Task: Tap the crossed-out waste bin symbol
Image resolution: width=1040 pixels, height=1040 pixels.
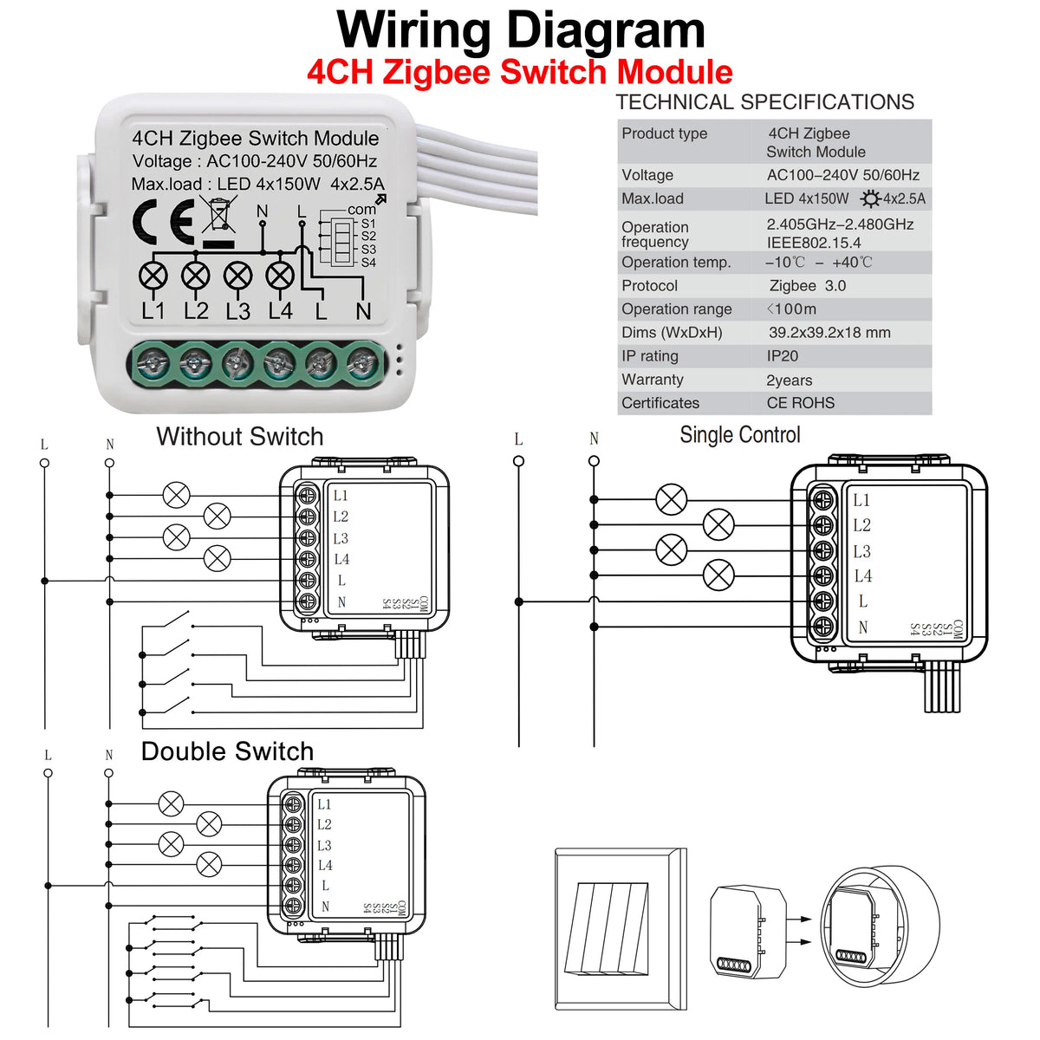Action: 219,216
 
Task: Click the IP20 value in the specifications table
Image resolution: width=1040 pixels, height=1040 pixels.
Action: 782,356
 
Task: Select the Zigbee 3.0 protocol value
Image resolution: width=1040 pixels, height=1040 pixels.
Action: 807,286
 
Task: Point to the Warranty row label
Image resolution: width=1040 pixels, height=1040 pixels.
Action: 652,380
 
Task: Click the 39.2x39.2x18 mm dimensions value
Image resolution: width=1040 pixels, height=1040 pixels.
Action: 829,333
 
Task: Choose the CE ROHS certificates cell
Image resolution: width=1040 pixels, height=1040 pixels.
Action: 800,403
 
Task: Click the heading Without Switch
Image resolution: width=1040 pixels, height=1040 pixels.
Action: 239,437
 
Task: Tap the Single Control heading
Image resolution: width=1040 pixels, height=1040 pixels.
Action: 739,435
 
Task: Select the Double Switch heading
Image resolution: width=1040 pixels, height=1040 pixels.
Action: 227,751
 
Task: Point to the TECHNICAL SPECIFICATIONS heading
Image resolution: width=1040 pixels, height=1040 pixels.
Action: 764,102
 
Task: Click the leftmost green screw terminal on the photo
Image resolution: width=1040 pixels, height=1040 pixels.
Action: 153,363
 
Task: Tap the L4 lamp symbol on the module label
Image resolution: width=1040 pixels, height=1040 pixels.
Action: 280,276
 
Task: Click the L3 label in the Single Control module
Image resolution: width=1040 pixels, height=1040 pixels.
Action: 861,551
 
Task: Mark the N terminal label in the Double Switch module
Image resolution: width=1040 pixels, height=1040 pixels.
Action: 325,907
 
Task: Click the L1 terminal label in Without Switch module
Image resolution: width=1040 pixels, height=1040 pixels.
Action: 341,496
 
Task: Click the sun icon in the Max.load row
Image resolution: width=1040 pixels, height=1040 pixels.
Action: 870,199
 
